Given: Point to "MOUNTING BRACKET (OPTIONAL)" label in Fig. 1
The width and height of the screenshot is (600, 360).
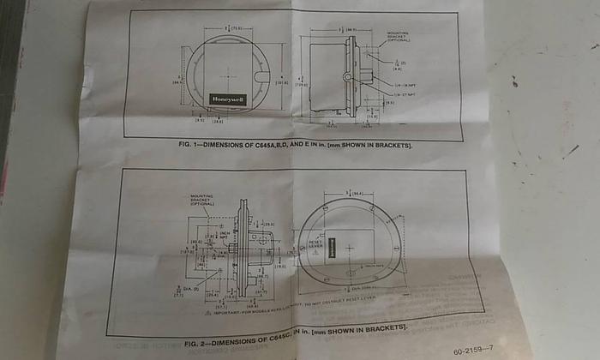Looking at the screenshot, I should coord(398,37).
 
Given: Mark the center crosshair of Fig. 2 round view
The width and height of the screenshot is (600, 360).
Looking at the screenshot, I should coord(351,248).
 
